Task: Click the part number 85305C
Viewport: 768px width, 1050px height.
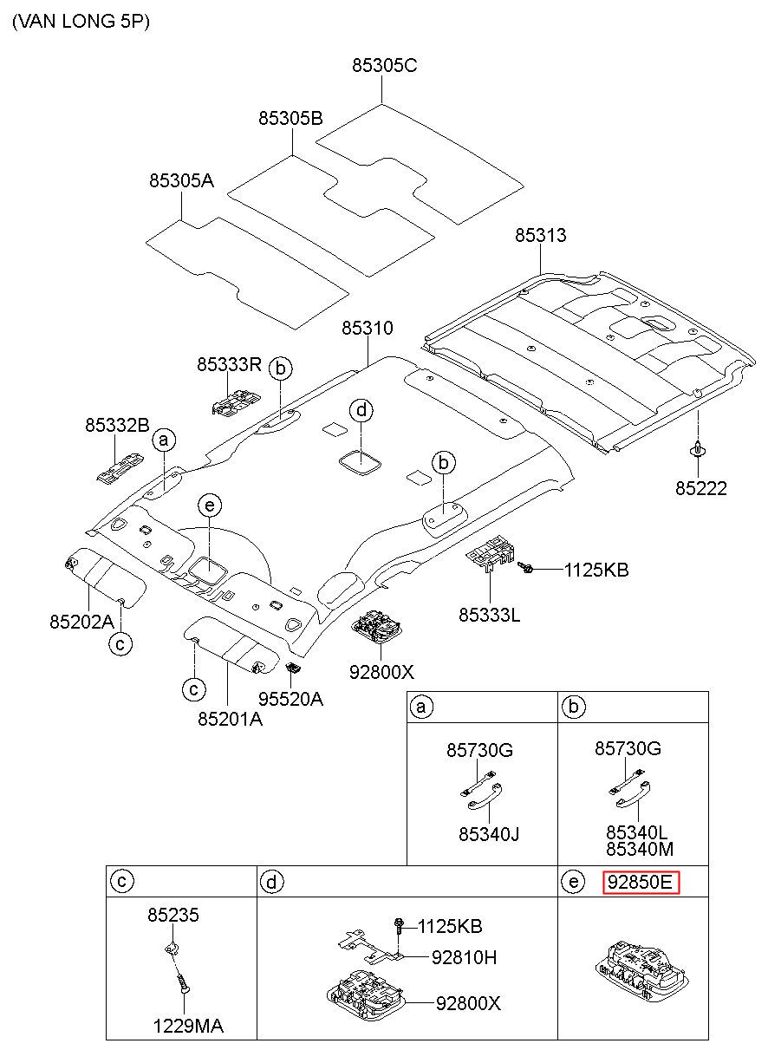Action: [384, 65]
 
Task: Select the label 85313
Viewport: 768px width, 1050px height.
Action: [540, 235]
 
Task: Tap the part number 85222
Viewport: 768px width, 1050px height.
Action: [700, 488]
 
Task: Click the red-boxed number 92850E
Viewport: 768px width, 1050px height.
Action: [640, 883]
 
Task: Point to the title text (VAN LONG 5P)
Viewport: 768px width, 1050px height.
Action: [81, 22]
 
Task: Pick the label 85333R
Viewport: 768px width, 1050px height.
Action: [229, 364]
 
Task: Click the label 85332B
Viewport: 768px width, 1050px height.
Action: [117, 425]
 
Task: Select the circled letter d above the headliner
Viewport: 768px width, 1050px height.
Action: [361, 411]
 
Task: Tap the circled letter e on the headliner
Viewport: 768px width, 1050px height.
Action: [210, 505]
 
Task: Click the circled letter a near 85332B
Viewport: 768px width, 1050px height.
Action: [164, 440]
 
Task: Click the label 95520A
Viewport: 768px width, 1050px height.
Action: [290, 699]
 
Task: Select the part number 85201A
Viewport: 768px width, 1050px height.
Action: [230, 719]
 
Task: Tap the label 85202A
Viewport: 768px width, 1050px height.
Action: [82, 622]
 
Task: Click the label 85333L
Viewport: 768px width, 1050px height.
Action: [489, 615]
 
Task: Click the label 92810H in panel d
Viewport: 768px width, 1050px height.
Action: [464, 957]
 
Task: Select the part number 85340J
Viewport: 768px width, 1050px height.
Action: [489, 834]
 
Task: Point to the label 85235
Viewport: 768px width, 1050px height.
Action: [173, 915]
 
